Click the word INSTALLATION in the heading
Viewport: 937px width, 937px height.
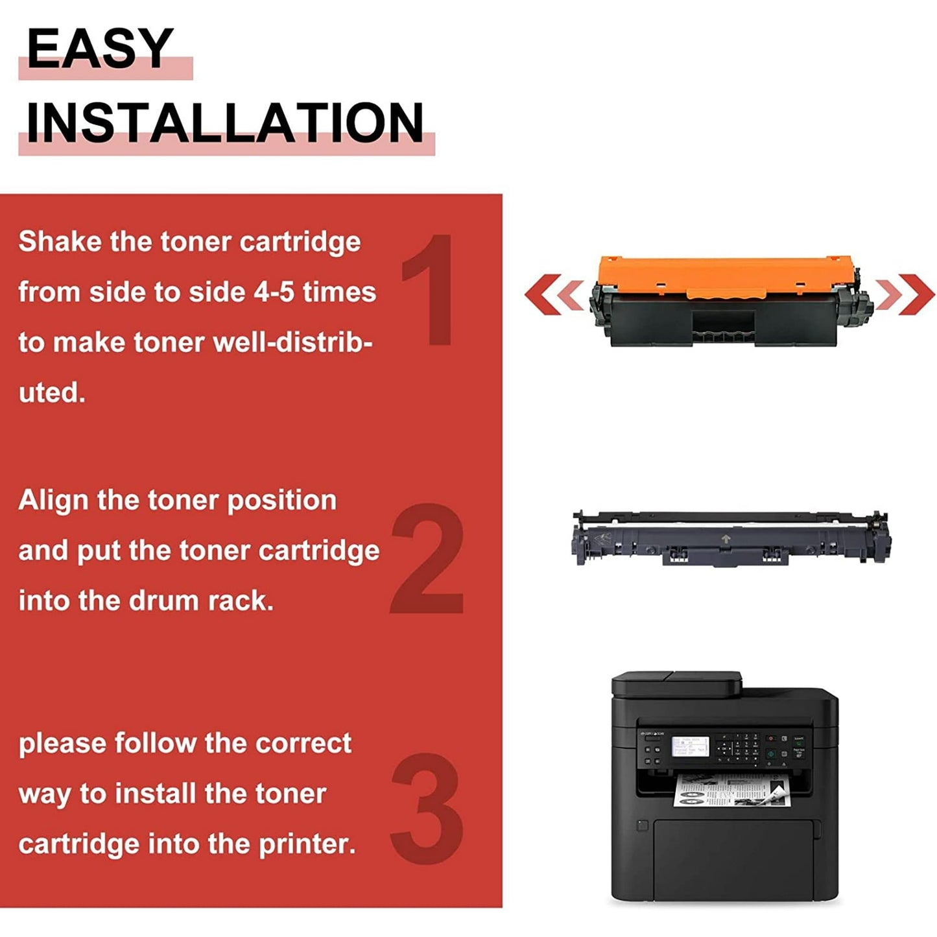click(x=224, y=123)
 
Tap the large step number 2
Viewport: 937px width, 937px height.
click(x=428, y=558)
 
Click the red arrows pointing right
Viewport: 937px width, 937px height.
click(x=904, y=294)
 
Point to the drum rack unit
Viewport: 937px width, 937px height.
click(x=730, y=538)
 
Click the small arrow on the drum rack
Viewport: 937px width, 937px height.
click(x=726, y=538)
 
